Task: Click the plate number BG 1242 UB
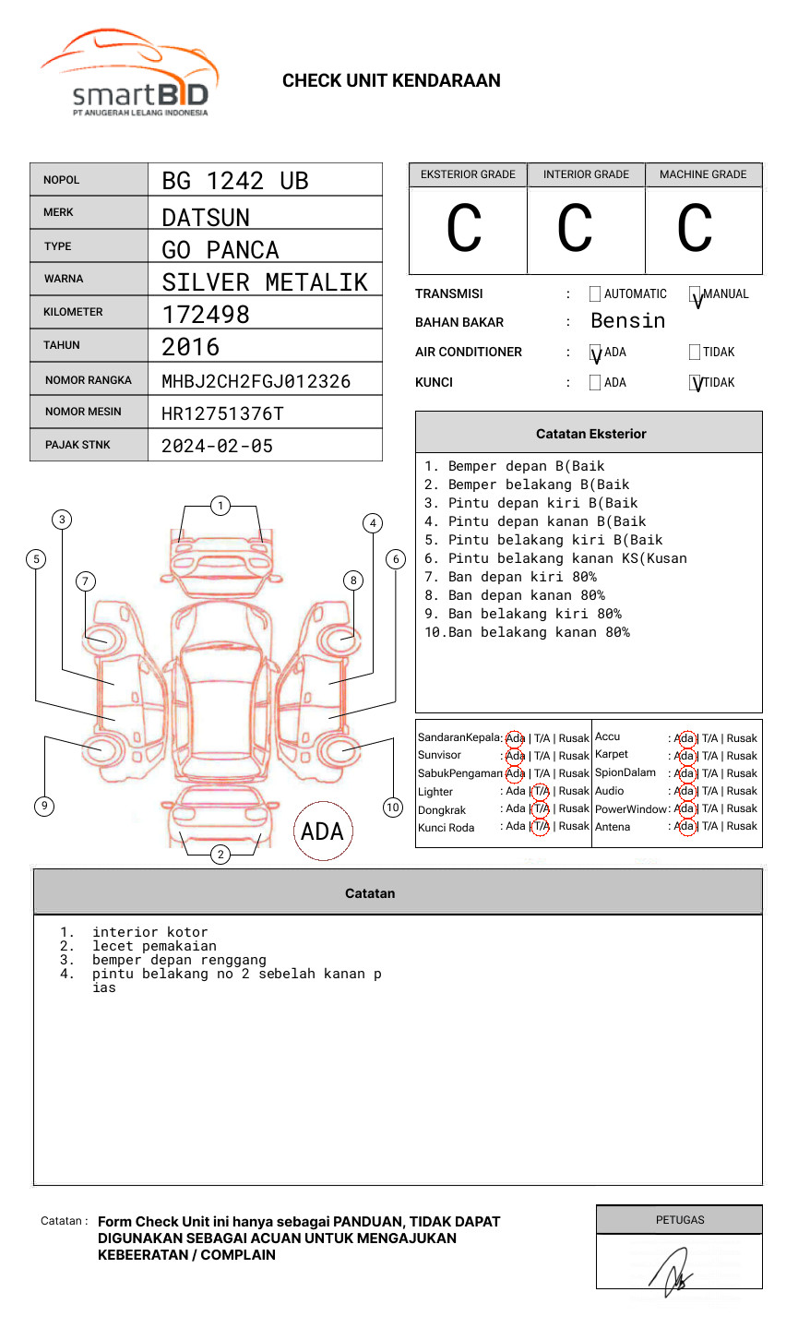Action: [234, 181]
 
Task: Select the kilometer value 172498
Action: [206, 315]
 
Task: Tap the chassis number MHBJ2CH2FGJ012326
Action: [256, 381]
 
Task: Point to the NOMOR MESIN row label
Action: [83, 412]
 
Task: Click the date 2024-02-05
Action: [217, 446]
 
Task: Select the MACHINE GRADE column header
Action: [703, 174]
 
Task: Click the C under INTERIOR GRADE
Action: [575, 229]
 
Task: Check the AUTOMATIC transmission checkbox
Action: [595, 294]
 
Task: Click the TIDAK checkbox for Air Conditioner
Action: [695, 353]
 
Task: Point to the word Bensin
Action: [627, 321]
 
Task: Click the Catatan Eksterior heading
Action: [590, 434]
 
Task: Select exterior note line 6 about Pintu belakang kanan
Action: [555, 558]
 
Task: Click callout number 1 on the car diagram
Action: [220, 506]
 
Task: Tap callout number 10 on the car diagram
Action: [393, 808]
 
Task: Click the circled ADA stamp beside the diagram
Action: [323, 832]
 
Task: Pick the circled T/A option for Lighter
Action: [541, 791]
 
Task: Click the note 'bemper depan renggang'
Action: [179, 960]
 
